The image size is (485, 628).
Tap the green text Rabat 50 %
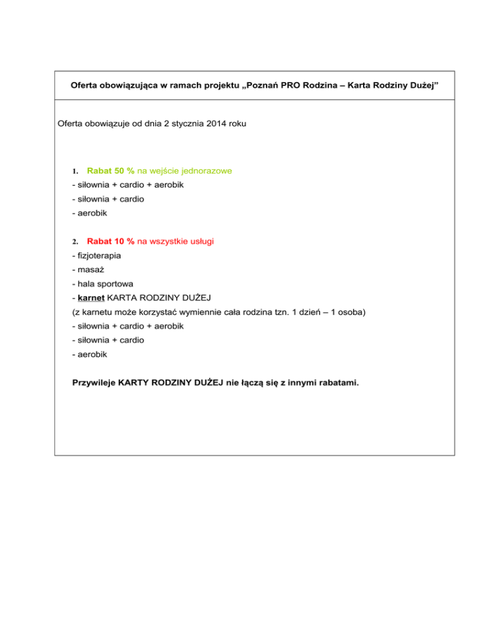click(x=111, y=171)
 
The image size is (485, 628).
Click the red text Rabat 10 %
click(x=111, y=241)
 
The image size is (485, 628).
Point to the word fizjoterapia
click(x=97, y=256)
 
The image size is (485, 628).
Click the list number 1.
click(x=75, y=171)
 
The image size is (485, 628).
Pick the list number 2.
click(x=75, y=242)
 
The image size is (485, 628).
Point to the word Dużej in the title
click(x=420, y=85)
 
